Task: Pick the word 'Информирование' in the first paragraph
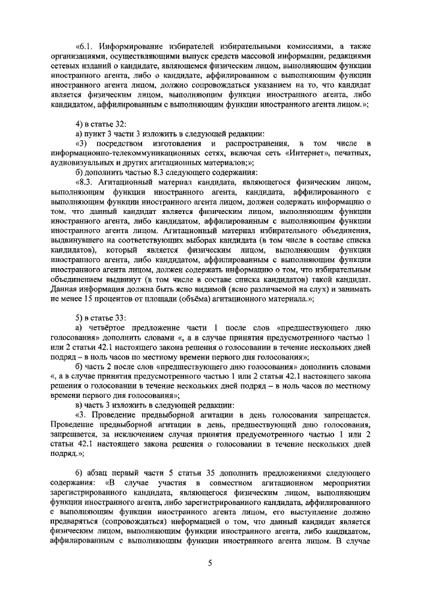tap(136, 47)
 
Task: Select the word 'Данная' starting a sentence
tap(64, 288)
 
